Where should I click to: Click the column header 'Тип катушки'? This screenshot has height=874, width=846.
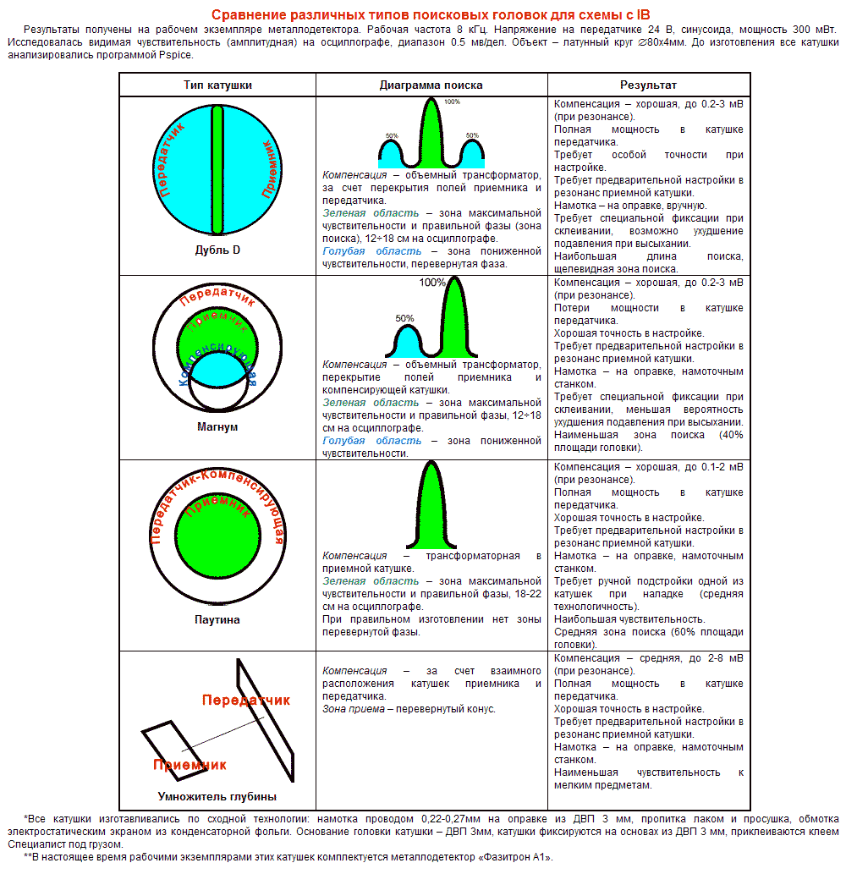coord(217,85)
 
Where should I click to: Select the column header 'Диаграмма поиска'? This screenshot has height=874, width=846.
coord(431,85)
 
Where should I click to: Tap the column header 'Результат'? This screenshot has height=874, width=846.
coord(648,85)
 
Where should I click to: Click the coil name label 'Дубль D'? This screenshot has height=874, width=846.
coord(217,250)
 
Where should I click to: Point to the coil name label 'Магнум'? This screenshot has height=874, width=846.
coord(217,427)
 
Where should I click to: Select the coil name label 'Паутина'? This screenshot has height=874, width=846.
coord(217,620)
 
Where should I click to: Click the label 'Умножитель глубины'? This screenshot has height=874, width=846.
coord(217,796)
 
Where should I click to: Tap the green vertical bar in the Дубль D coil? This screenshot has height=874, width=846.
coord(217,169)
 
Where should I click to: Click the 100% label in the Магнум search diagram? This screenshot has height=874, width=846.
coord(431,283)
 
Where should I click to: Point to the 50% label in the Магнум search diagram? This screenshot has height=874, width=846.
coord(404,319)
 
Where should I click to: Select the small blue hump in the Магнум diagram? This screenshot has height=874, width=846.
coord(407,343)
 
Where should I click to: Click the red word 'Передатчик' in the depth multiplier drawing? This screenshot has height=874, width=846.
coord(245,700)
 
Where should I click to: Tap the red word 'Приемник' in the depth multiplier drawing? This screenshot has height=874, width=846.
coord(190,765)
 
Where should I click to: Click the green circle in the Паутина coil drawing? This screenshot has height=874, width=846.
coord(217,541)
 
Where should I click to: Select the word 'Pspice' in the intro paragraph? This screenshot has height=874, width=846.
coord(173,55)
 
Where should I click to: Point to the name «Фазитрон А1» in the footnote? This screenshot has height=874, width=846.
coord(513,857)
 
